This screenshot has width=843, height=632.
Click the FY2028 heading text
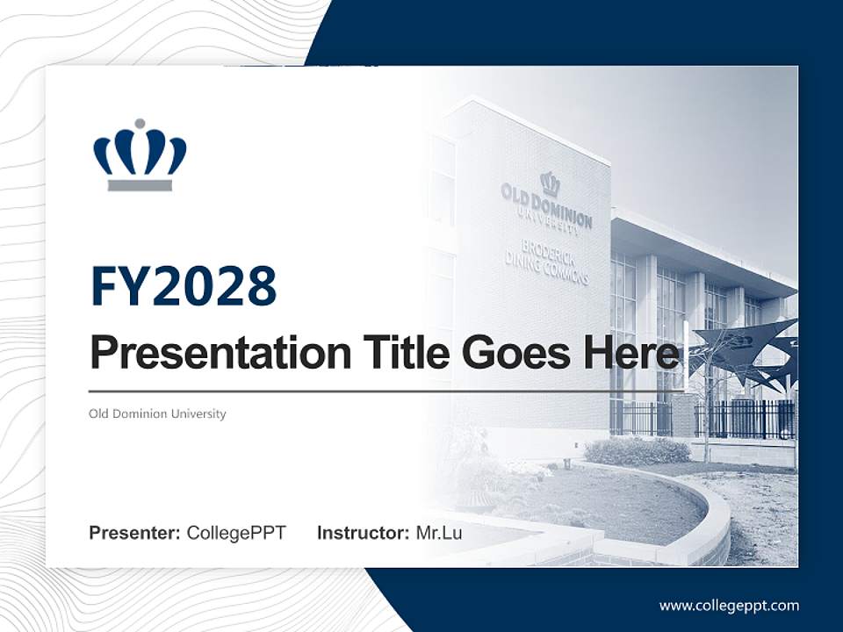pos(184,286)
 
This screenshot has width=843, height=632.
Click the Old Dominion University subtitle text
pos(157,413)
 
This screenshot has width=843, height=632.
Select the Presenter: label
pos(135,533)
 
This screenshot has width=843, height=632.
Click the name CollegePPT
pos(236,533)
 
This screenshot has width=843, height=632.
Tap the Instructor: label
pos(363,533)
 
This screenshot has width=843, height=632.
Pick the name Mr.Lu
pos(439,533)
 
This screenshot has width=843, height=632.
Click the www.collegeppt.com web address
pos(729,605)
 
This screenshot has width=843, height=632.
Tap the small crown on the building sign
pos(551,183)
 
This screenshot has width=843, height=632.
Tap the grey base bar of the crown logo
pos(140,185)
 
